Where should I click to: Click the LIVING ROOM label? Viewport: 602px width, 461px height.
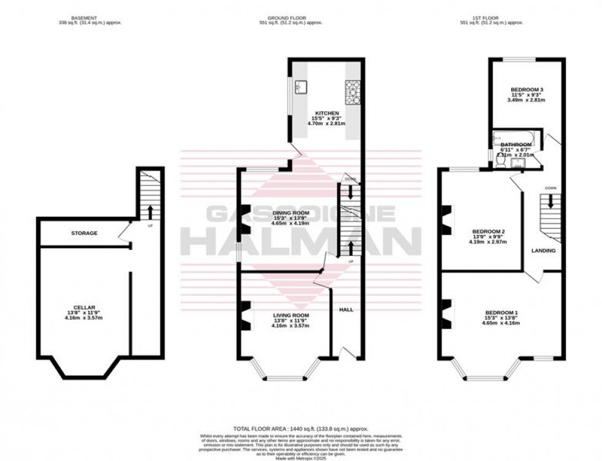[291, 315]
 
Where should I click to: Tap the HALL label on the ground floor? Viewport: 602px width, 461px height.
[346, 310]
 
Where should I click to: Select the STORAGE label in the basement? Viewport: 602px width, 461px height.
[84, 233]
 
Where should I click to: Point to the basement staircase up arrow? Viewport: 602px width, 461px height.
[149, 212]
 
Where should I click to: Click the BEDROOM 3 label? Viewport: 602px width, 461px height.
[526, 90]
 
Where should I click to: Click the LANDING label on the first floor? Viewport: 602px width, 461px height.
[543, 250]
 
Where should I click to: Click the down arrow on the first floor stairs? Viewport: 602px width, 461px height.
[550, 201]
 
